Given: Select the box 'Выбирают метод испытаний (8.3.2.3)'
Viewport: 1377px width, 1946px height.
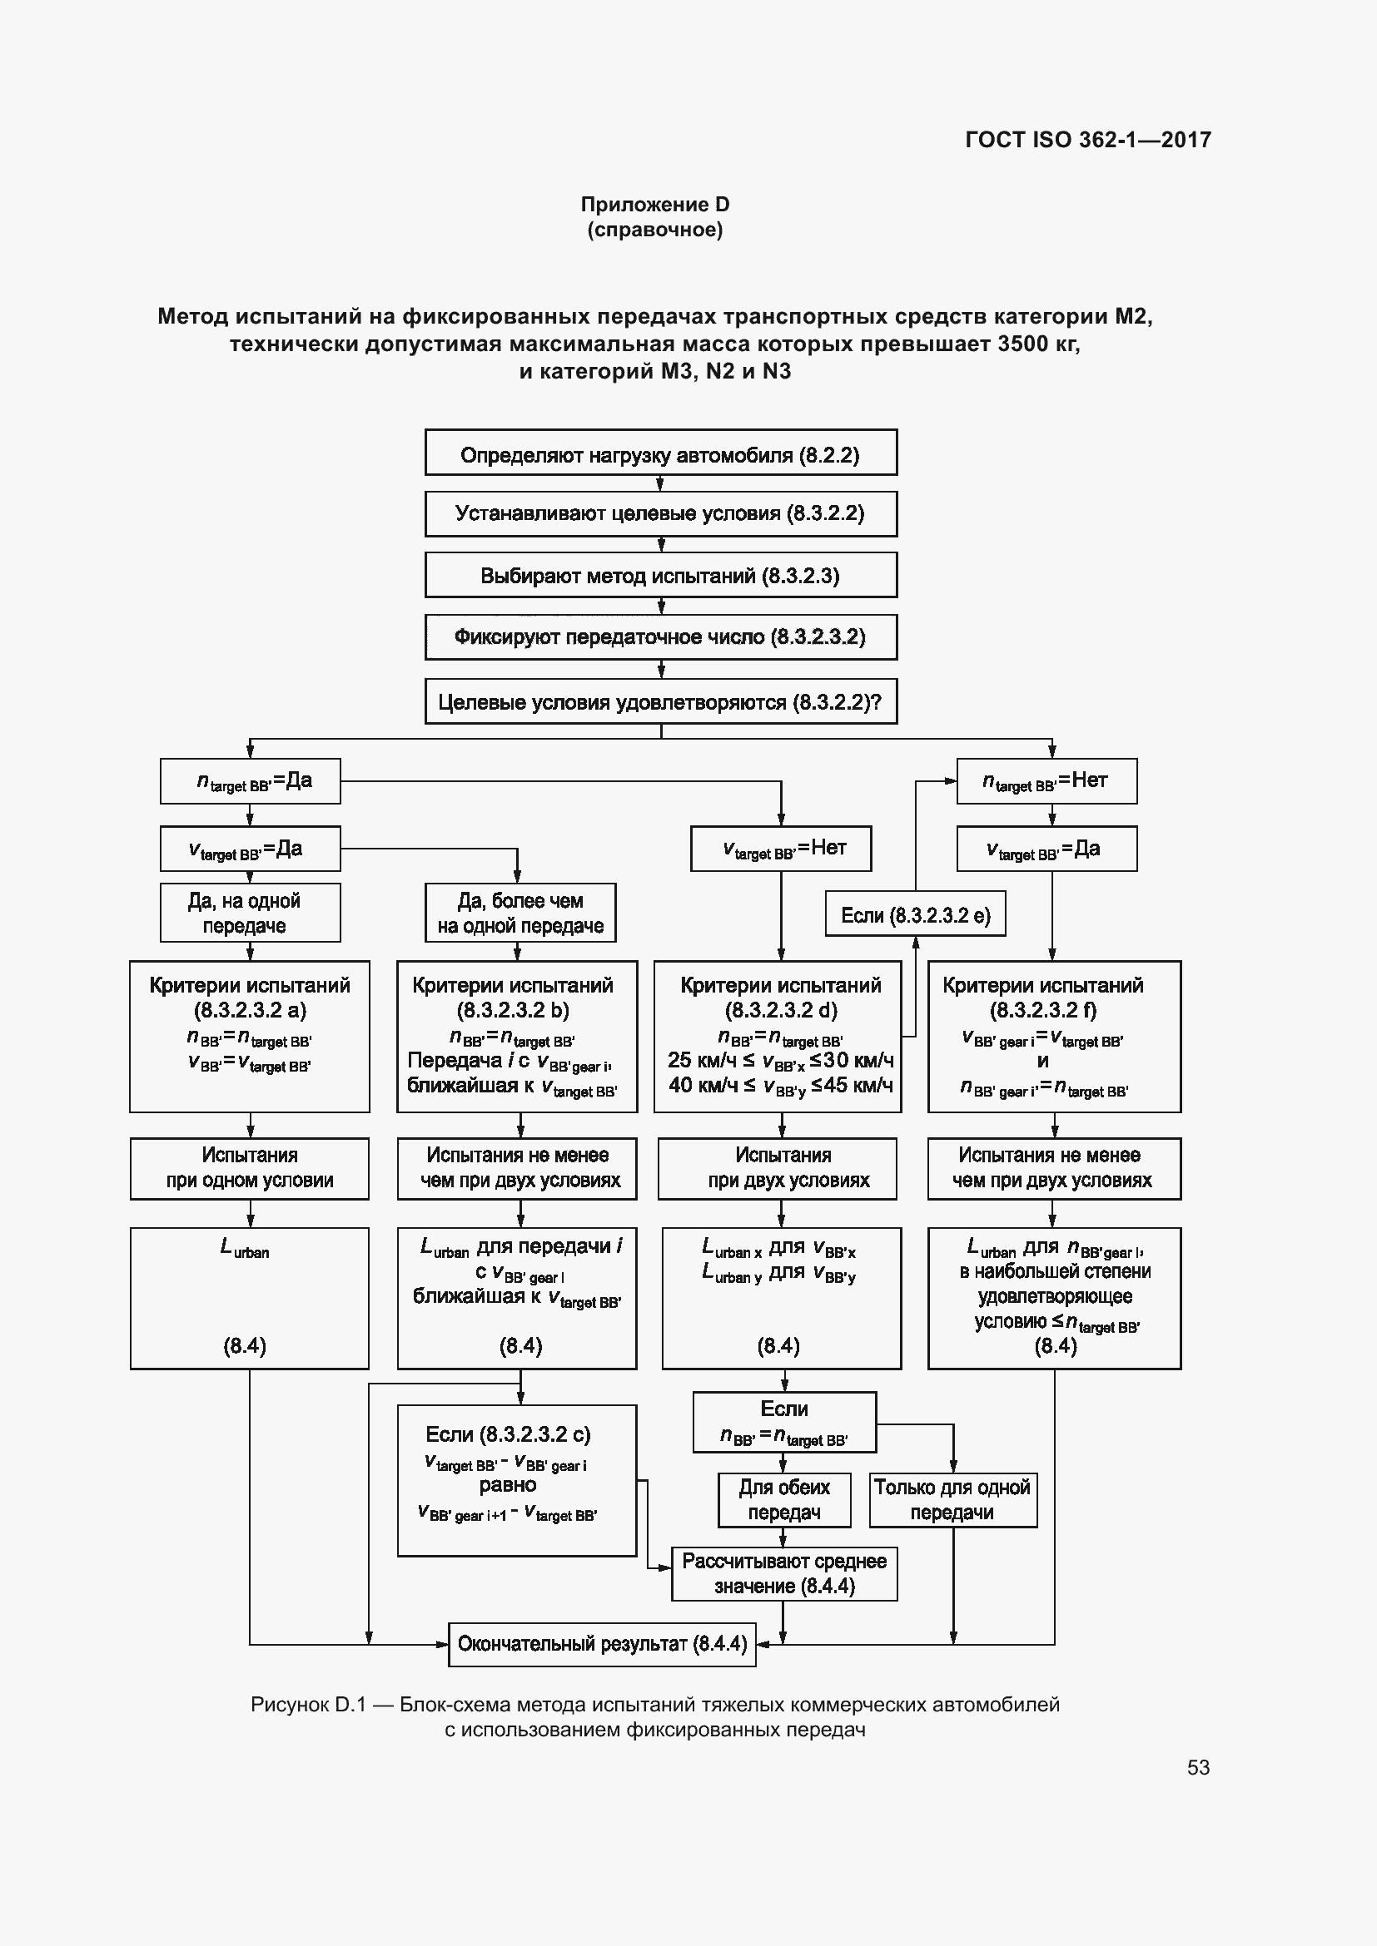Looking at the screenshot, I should (660, 576).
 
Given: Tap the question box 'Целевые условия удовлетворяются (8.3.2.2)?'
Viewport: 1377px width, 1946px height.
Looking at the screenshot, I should (660, 702).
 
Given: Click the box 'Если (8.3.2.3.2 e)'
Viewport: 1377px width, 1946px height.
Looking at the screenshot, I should (915, 915).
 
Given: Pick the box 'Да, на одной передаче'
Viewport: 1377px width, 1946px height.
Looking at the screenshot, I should (250, 913).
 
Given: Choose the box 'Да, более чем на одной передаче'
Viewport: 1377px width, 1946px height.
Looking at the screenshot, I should (519, 913).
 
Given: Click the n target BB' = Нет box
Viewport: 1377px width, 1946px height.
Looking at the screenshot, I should (1046, 780).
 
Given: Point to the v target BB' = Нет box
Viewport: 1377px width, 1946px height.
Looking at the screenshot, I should (780, 849).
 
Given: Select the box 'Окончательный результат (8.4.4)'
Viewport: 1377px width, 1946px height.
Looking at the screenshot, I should (601, 1644).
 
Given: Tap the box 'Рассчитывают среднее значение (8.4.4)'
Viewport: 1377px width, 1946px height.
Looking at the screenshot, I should (783, 1574).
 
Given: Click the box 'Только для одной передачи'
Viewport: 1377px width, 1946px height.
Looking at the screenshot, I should (952, 1500).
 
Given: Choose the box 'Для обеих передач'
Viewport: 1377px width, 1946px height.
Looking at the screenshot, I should (783, 1500).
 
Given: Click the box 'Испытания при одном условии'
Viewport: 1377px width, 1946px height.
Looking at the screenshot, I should (249, 1168).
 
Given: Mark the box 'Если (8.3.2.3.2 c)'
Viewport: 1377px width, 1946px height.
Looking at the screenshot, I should (516, 1480).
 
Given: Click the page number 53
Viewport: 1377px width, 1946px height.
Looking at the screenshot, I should (1197, 1767).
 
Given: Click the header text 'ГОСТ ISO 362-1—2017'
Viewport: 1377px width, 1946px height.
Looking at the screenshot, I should (1088, 140).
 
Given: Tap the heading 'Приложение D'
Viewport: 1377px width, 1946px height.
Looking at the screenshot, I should (654, 205).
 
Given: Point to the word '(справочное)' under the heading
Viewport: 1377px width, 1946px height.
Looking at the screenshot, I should (654, 230).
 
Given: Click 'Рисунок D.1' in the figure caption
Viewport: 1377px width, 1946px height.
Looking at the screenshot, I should (307, 1705).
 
